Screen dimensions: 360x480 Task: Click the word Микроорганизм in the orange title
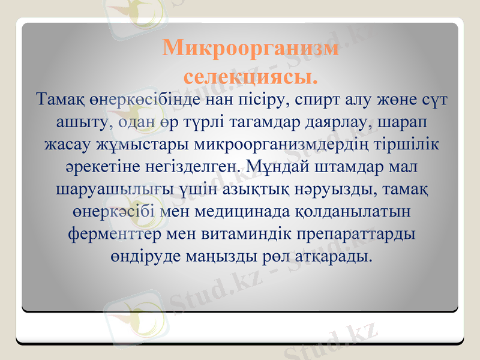pyautogui.click(x=251, y=49)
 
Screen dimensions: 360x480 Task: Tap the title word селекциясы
pyautogui.click(x=250, y=76)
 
